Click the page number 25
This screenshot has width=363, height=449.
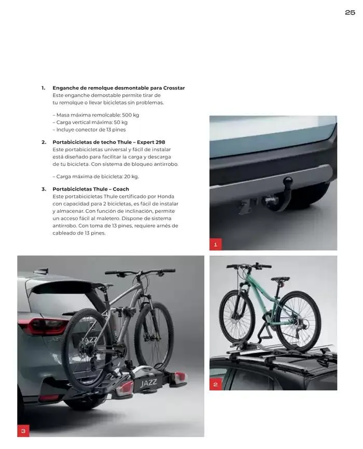[350, 12]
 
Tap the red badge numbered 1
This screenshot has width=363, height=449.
[215, 244]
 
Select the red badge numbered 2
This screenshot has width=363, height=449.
[215, 384]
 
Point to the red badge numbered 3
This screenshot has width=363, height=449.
[23, 430]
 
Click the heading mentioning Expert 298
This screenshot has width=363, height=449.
[109, 142]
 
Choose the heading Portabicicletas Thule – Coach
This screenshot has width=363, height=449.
[91, 189]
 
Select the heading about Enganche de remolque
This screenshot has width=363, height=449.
[119, 88]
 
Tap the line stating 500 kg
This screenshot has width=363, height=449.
[96, 115]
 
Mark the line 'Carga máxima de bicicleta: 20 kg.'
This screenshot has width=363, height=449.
[96, 177]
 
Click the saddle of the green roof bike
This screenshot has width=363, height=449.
[282, 278]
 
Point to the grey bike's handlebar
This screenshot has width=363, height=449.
[140, 271]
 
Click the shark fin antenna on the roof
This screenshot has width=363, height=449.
[42, 271]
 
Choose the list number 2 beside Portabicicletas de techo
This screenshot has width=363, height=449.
[44, 142]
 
